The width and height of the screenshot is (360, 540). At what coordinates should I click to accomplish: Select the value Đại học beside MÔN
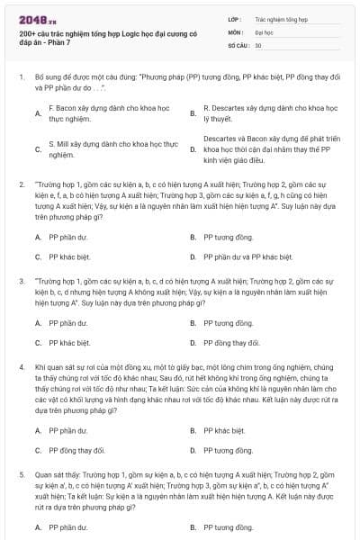click(264, 31)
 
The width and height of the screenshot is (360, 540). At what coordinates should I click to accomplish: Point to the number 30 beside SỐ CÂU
click(258, 44)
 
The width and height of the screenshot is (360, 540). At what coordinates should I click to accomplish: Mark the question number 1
click(21, 78)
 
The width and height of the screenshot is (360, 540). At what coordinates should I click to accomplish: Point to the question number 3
click(21, 282)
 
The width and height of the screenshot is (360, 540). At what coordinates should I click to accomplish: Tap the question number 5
click(21, 472)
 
